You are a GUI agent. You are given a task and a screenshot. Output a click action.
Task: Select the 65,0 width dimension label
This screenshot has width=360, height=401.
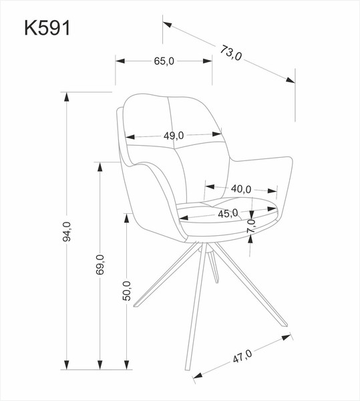(164, 61)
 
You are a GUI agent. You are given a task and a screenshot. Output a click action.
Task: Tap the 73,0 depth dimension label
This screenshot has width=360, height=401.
(228, 53)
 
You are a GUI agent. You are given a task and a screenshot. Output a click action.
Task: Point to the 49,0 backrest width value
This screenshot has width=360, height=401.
(173, 136)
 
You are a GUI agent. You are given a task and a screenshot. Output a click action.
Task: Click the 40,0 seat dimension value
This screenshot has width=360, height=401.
(240, 188)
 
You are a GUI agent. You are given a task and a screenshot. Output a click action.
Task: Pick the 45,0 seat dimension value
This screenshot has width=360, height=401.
(228, 214)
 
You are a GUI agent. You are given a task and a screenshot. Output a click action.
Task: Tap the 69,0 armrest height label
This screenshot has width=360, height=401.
(100, 265)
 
